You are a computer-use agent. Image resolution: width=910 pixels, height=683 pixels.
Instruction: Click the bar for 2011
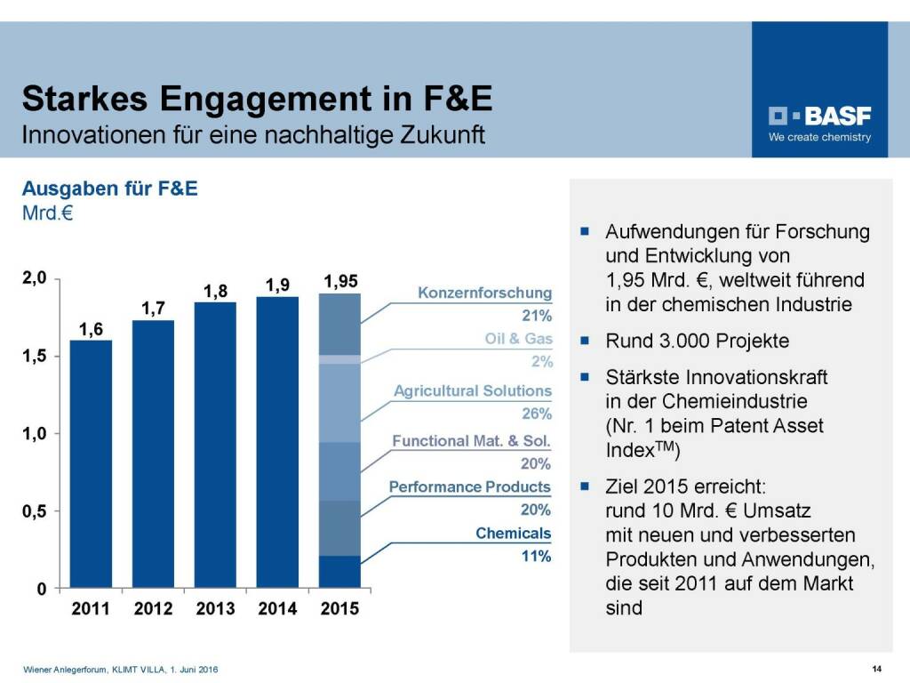tap(91, 463)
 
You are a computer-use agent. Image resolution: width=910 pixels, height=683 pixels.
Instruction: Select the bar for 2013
tap(215, 445)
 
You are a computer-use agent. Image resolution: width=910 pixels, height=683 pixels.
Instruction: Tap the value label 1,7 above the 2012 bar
tap(153, 309)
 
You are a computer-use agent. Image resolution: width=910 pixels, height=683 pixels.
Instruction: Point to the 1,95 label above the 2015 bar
tap(340, 282)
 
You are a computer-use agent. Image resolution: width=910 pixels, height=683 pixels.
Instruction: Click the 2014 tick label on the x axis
tap(277, 609)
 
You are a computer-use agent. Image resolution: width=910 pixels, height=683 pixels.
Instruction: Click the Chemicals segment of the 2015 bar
tap(339, 571)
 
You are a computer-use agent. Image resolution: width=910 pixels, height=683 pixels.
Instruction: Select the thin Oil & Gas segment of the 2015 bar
tap(339, 359)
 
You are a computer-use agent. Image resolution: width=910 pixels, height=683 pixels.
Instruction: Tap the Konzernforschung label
tap(484, 293)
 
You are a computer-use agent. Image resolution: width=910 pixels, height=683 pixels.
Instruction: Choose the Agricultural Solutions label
tap(473, 391)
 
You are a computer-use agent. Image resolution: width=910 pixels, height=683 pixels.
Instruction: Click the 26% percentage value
tap(537, 414)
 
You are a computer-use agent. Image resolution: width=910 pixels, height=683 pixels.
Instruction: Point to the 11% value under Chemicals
tap(537, 557)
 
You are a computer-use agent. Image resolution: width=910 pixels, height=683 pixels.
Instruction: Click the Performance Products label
tap(470, 487)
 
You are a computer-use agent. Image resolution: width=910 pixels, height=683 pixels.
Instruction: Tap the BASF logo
tap(819, 117)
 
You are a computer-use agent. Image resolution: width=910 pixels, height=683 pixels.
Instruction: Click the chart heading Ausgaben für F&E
tap(110, 189)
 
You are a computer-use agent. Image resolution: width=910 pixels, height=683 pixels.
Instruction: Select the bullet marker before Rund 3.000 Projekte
tap(586, 341)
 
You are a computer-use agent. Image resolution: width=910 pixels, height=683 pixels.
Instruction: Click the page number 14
tap(876, 669)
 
